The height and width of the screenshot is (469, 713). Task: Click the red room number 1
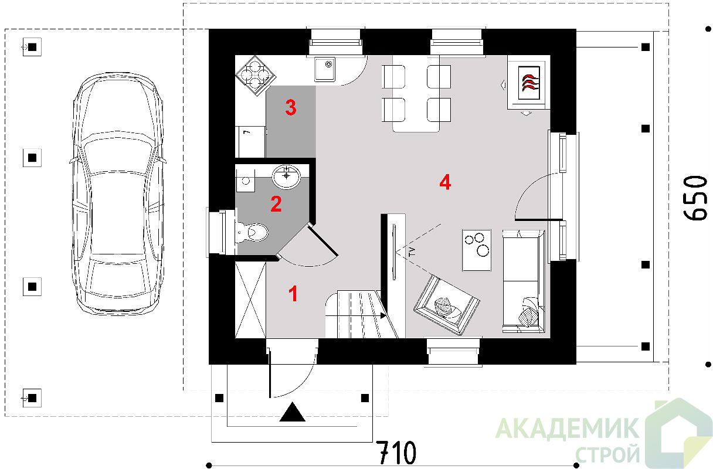[x=293, y=294]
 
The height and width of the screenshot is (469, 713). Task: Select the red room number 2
[x=276, y=204]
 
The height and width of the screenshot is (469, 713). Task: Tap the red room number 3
[x=291, y=107]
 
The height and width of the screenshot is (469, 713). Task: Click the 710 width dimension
[x=396, y=452]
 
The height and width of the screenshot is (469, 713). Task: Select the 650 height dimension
[x=695, y=198]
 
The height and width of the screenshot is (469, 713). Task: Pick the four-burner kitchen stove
[x=256, y=76]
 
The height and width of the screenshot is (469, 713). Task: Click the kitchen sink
[x=325, y=69]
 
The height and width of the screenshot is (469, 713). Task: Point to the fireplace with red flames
[x=529, y=83]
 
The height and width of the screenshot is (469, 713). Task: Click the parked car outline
[x=118, y=194]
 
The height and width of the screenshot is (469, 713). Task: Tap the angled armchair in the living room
[x=447, y=305]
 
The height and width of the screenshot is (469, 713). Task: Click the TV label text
[x=413, y=252]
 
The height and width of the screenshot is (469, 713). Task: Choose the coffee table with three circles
[x=477, y=250]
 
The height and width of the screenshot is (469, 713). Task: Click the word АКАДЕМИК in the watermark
[x=567, y=429]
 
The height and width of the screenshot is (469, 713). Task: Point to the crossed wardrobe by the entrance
[x=250, y=300]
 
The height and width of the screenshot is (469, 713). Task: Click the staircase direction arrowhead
[x=383, y=315]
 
